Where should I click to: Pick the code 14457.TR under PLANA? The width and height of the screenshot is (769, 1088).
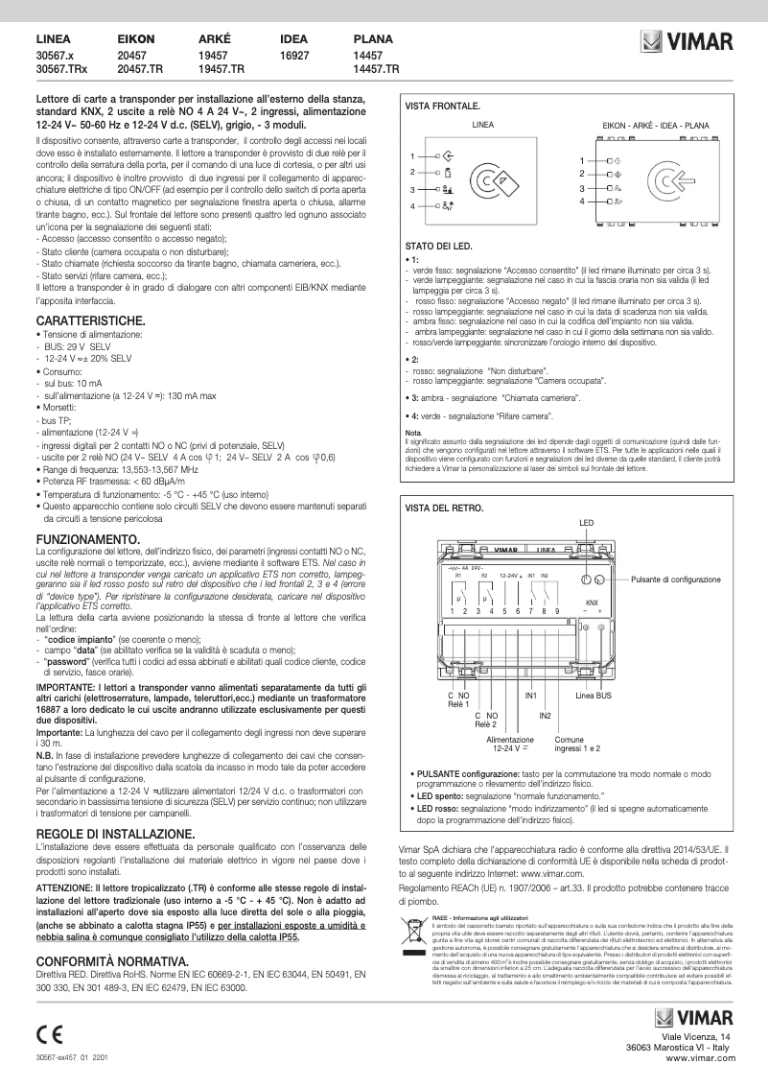(377, 70)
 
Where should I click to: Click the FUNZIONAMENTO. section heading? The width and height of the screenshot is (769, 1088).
(89, 541)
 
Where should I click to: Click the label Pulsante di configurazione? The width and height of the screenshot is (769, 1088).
(676, 580)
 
